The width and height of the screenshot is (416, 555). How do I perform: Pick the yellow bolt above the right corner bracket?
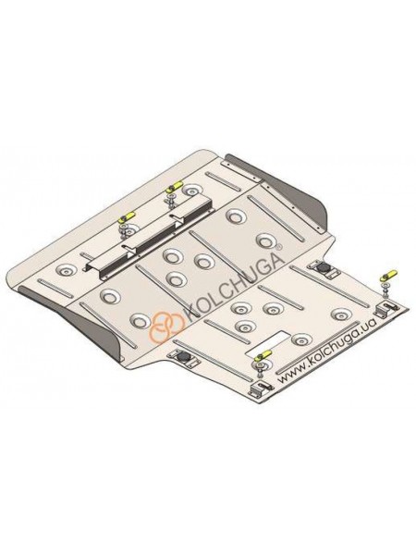pyautogui.click(x=388, y=275)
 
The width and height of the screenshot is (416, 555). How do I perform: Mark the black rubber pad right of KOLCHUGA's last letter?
pyautogui.click(x=323, y=268)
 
